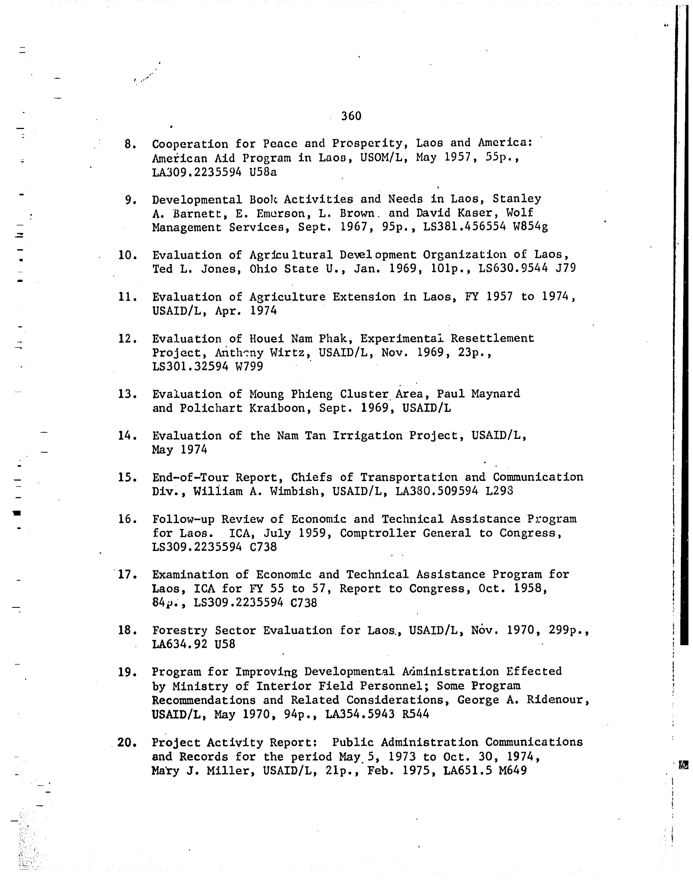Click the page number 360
coord(351,116)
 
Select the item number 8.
coord(130,144)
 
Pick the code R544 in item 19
coord(416,714)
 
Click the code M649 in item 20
coord(512,770)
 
